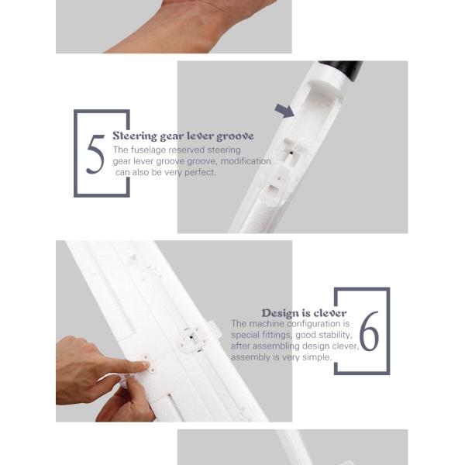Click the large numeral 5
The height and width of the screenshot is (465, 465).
(x=95, y=154)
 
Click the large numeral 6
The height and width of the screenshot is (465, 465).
(x=369, y=331)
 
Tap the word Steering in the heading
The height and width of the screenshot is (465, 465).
(x=135, y=136)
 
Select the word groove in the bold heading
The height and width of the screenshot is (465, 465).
(x=235, y=136)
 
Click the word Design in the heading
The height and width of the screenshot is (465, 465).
(x=280, y=313)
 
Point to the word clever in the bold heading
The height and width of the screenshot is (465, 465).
(x=330, y=313)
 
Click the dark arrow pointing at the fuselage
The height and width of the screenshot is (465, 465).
(x=284, y=111)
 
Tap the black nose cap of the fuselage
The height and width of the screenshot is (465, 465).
(x=341, y=70)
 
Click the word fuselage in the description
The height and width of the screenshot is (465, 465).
(x=149, y=150)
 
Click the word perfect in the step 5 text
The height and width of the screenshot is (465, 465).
(x=200, y=172)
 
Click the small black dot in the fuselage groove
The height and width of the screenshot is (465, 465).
(x=291, y=153)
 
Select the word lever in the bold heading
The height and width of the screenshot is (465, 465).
(x=201, y=136)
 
